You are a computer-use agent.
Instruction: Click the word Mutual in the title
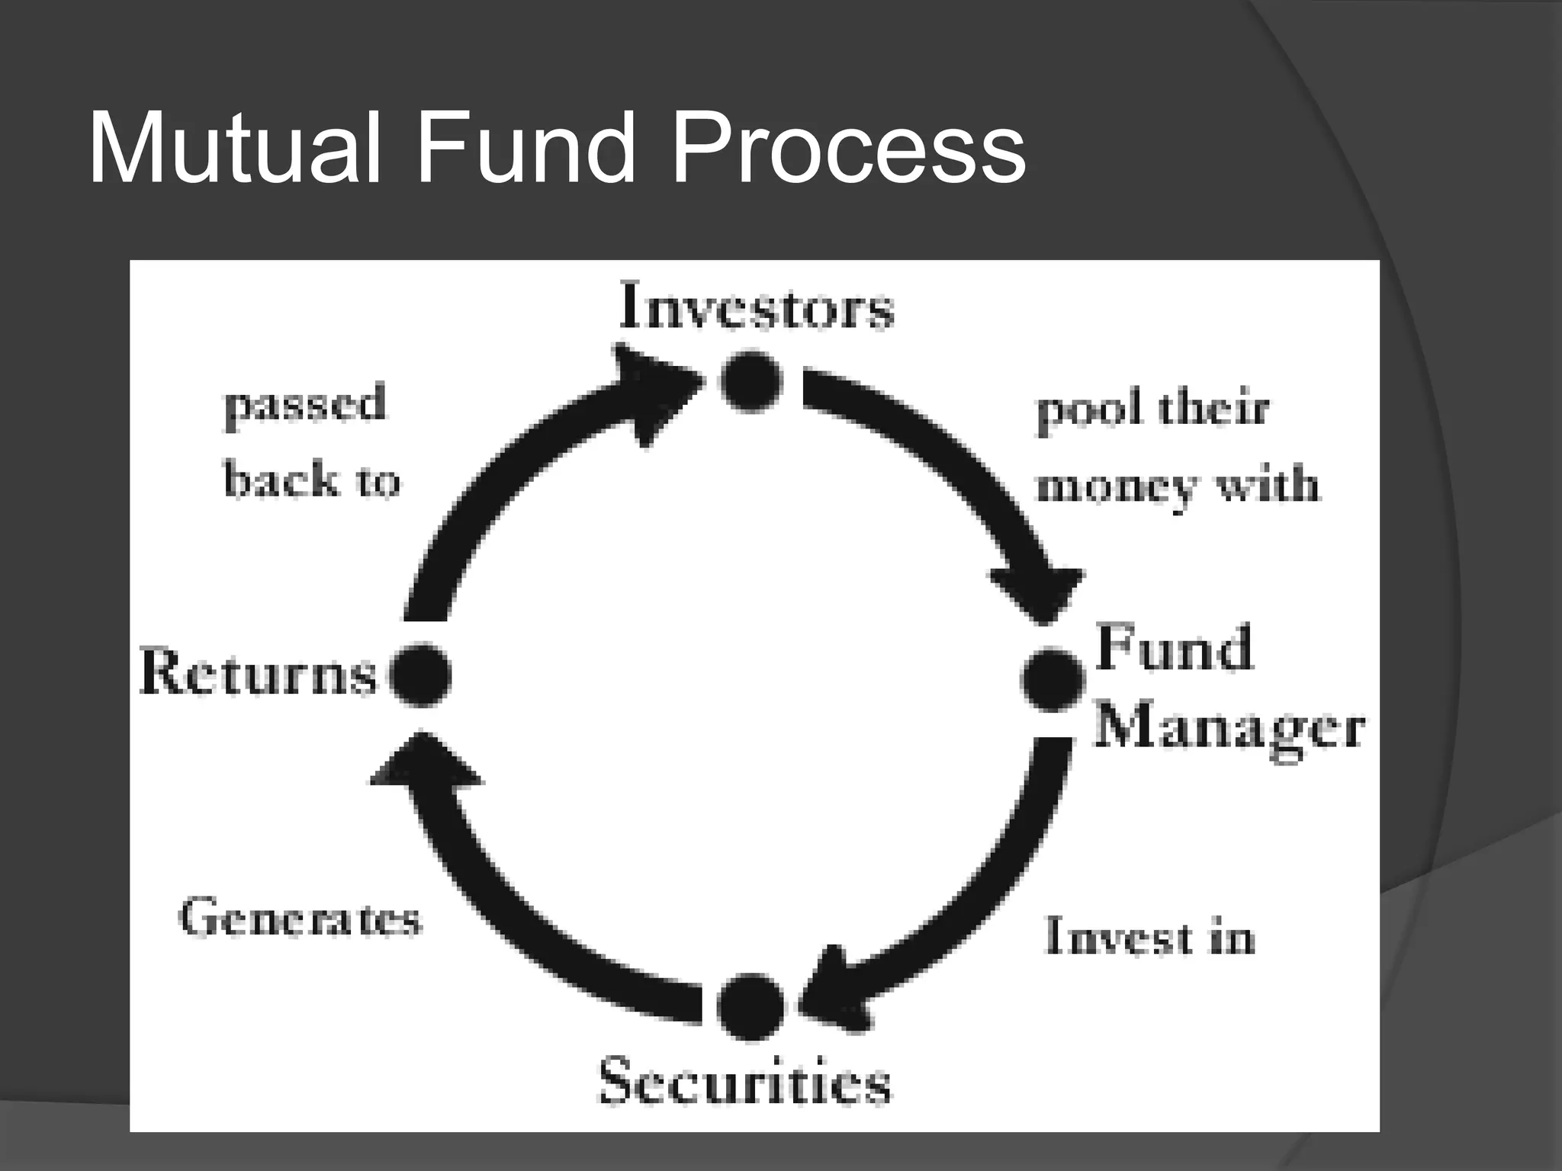tap(233, 148)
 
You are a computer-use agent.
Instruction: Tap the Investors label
tap(756, 306)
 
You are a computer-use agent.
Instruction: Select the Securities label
tap(744, 1081)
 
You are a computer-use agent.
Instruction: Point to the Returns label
tap(259, 674)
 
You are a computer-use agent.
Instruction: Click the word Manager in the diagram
tap(1229, 728)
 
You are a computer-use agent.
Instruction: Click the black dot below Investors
tap(751, 380)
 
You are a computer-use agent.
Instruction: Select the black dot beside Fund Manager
tap(1053, 679)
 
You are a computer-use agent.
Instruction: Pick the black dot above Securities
tap(750, 1006)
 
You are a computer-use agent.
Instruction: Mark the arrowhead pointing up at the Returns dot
tap(424, 762)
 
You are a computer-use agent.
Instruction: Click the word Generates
tap(300, 918)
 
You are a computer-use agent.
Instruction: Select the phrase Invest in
tap(1149, 936)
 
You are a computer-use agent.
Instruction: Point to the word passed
tap(305, 405)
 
